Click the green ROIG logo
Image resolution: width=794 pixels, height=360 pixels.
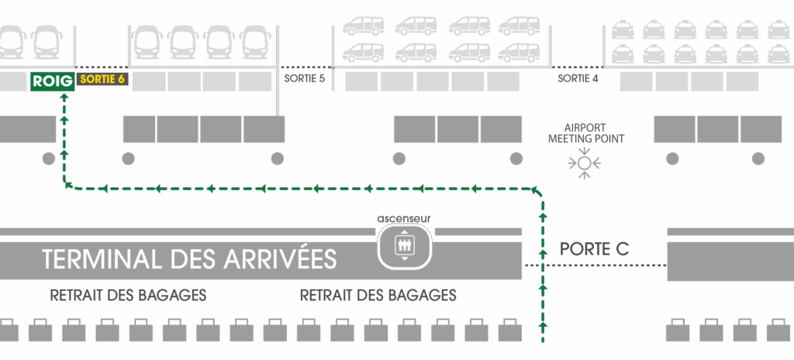coord(52,81)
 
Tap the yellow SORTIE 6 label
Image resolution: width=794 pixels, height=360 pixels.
coord(102,80)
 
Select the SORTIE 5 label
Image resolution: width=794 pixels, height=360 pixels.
coord(304,79)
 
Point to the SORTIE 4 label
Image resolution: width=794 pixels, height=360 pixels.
coord(578,79)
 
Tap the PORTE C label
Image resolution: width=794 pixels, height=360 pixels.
coord(594,250)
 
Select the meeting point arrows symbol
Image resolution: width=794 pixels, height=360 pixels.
coord(585,163)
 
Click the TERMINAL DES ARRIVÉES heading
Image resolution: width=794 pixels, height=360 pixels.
coord(190,259)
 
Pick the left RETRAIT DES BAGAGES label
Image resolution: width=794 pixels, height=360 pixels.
coord(128,296)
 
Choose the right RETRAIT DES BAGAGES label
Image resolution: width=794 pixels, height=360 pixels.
coord(378,296)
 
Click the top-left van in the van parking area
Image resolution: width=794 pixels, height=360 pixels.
coord(363,26)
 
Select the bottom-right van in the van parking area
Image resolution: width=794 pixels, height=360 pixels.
coord(520,52)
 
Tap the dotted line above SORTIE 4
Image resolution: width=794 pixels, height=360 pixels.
coord(577,67)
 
